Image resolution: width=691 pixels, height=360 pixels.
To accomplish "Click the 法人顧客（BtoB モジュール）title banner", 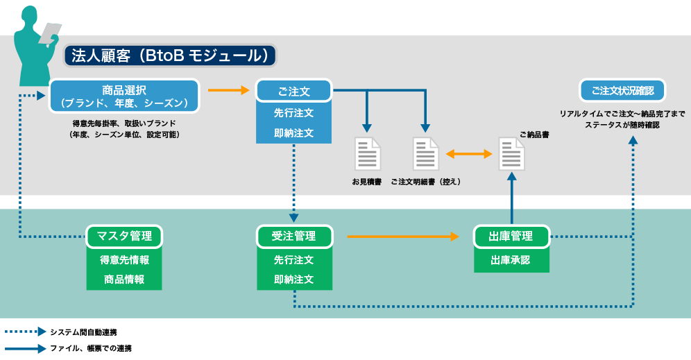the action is [x=170, y=55].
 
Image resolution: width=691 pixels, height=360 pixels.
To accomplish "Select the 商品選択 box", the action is [x=123, y=96].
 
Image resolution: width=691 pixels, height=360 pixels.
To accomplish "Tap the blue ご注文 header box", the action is [x=293, y=91].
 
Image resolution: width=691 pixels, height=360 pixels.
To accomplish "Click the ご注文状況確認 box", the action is [x=622, y=91].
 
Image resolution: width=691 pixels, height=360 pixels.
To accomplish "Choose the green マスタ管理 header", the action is [x=123, y=236].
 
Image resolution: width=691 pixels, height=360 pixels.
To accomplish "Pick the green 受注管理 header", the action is [x=294, y=236].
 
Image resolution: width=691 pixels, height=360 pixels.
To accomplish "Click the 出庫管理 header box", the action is [x=511, y=237].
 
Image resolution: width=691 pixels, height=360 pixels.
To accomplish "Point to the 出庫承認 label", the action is [x=511, y=260].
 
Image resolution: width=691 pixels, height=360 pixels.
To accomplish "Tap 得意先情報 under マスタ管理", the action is [x=124, y=260].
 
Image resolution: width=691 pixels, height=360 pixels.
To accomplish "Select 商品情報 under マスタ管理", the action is [x=124, y=280].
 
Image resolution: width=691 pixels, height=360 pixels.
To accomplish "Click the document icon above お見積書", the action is [x=368, y=154].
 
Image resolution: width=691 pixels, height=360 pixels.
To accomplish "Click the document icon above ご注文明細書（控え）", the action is [x=425, y=154].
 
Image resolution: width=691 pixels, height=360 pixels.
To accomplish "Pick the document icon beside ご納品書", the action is [x=511, y=154].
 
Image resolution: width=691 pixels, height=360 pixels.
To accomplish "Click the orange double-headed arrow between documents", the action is [x=469, y=154].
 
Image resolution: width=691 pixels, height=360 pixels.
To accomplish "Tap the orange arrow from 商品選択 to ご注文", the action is [x=229, y=90].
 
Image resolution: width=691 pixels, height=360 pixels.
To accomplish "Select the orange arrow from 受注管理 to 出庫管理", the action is [x=403, y=237].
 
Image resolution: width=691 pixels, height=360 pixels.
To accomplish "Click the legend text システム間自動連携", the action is [x=83, y=332].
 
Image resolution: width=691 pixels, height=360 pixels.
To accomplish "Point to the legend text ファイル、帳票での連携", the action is [x=91, y=348].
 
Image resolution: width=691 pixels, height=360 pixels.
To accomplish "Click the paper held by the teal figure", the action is [x=50, y=33].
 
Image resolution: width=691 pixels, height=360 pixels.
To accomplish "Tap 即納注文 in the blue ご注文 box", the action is [x=293, y=132].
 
